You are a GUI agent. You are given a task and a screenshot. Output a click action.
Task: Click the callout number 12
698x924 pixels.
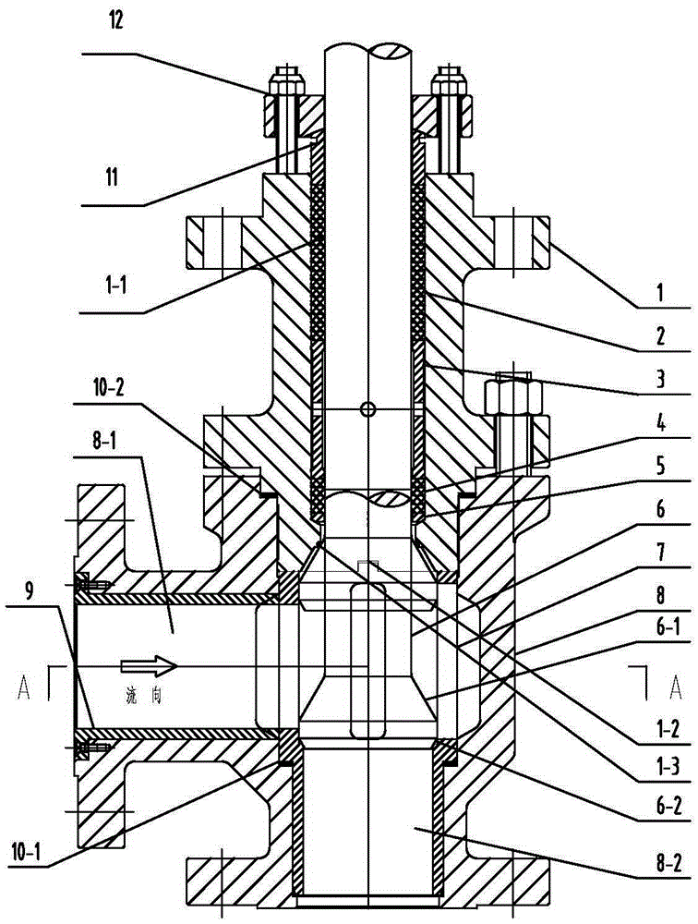click(115, 22)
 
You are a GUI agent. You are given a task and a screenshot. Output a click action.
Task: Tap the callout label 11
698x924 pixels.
click(112, 176)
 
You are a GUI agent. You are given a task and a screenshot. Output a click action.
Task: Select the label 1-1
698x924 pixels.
click(113, 286)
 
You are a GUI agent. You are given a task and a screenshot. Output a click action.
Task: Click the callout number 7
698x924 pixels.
click(660, 553)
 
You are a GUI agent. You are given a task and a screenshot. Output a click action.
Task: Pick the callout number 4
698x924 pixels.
click(660, 423)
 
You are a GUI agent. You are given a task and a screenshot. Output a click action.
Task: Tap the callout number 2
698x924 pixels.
click(660, 336)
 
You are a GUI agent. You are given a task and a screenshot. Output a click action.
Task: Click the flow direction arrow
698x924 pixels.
click(149, 666)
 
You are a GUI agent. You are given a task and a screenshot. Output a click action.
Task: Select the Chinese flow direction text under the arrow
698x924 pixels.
click(144, 696)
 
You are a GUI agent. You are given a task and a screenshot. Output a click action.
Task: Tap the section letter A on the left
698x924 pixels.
click(24, 687)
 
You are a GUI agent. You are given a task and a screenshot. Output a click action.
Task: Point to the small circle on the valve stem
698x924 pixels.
click(367, 408)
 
